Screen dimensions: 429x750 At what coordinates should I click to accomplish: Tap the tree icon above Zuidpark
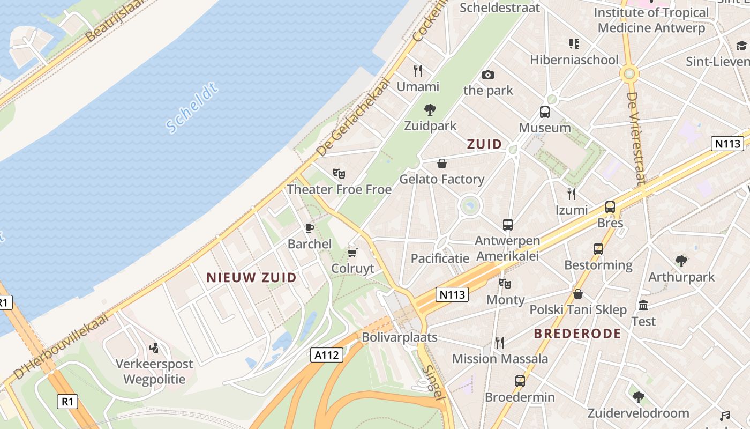[x=430, y=110]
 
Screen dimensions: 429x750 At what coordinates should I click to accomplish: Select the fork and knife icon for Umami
[x=418, y=70]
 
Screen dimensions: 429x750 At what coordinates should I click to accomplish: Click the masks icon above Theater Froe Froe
[x=339, y=174]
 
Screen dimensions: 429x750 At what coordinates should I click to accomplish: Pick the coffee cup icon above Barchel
[x=310, y=228]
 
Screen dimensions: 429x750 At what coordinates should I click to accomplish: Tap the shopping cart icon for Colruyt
[x=352, y=253]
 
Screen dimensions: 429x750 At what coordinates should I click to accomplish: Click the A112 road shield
[x=326, y=354]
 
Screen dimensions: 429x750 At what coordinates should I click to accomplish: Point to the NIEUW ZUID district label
[x=251, y=277]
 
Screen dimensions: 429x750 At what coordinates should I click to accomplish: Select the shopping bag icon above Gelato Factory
[x=442, y=164]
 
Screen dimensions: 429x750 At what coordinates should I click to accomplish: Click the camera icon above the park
[x=487, y=75]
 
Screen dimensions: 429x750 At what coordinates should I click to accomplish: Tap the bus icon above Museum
[x=545, y=112]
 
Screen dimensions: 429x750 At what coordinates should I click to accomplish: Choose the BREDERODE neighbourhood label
[x=577, y=334]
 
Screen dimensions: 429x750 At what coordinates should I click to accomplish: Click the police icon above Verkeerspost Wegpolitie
[x=154, y=348]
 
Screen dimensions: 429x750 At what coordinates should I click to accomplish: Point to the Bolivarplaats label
[x=400, y=337]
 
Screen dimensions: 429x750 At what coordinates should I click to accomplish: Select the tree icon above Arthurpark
[x=681, y=261]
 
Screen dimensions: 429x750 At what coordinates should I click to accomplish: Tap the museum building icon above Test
[x=643, y=306]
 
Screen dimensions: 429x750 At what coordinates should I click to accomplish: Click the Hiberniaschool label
[x=574, y=60]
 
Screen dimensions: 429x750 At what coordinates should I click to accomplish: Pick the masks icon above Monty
[x=505, y=284]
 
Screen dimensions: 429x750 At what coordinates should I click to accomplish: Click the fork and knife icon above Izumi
[x=572, y=194]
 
